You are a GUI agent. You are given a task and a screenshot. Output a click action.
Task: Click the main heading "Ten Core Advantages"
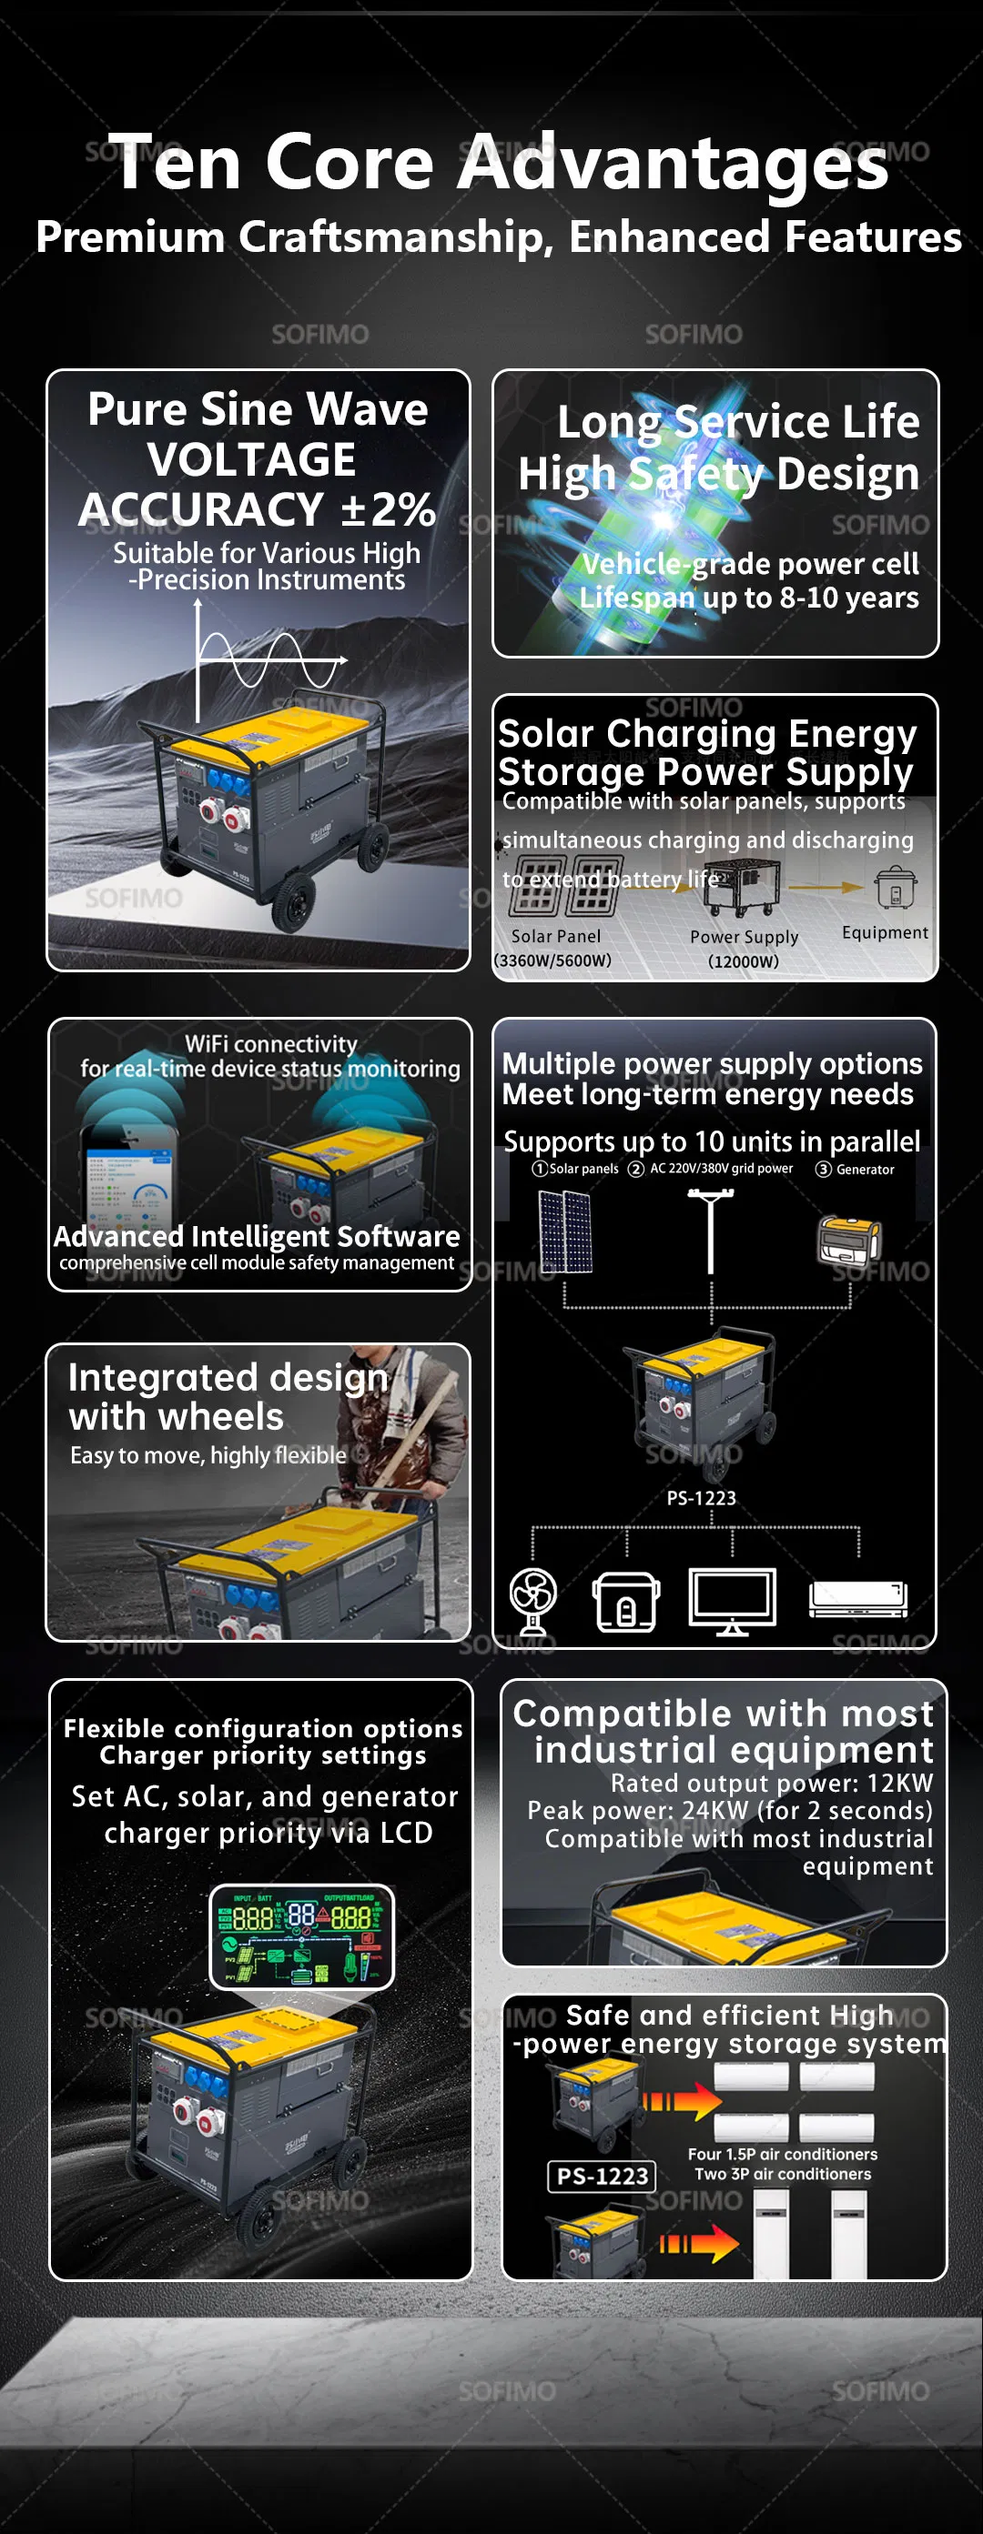(x=498, y=162)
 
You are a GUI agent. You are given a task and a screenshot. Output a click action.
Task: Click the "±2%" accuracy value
(x=388, y=509)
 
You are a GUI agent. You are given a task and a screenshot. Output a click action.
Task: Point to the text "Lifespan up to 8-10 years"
(x=749, y=597)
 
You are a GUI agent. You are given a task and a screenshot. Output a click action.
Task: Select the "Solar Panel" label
(x=555, y=937)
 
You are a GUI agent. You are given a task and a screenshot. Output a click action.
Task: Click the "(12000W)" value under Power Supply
(x=743, y=961)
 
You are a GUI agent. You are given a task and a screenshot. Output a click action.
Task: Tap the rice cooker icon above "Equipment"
(x=895, y=888)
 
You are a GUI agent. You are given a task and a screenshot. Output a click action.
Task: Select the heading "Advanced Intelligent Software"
(x=257, y=1235)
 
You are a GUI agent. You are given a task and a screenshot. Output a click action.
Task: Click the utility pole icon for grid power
(x=711, y=1230)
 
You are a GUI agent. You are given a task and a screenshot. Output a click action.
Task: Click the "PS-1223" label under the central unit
(x=701, y=1498)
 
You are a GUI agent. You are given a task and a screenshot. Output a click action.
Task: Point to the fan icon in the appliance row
(x=533, y=1600)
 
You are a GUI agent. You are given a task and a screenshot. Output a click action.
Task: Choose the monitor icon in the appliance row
(x=732, y=1600)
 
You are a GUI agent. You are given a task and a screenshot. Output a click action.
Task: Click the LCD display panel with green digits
(x=302, y=1936)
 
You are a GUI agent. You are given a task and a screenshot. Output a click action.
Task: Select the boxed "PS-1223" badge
(x=602, y=2176)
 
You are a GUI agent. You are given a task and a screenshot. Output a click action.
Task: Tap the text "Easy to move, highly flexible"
(x=208, y=1455)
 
